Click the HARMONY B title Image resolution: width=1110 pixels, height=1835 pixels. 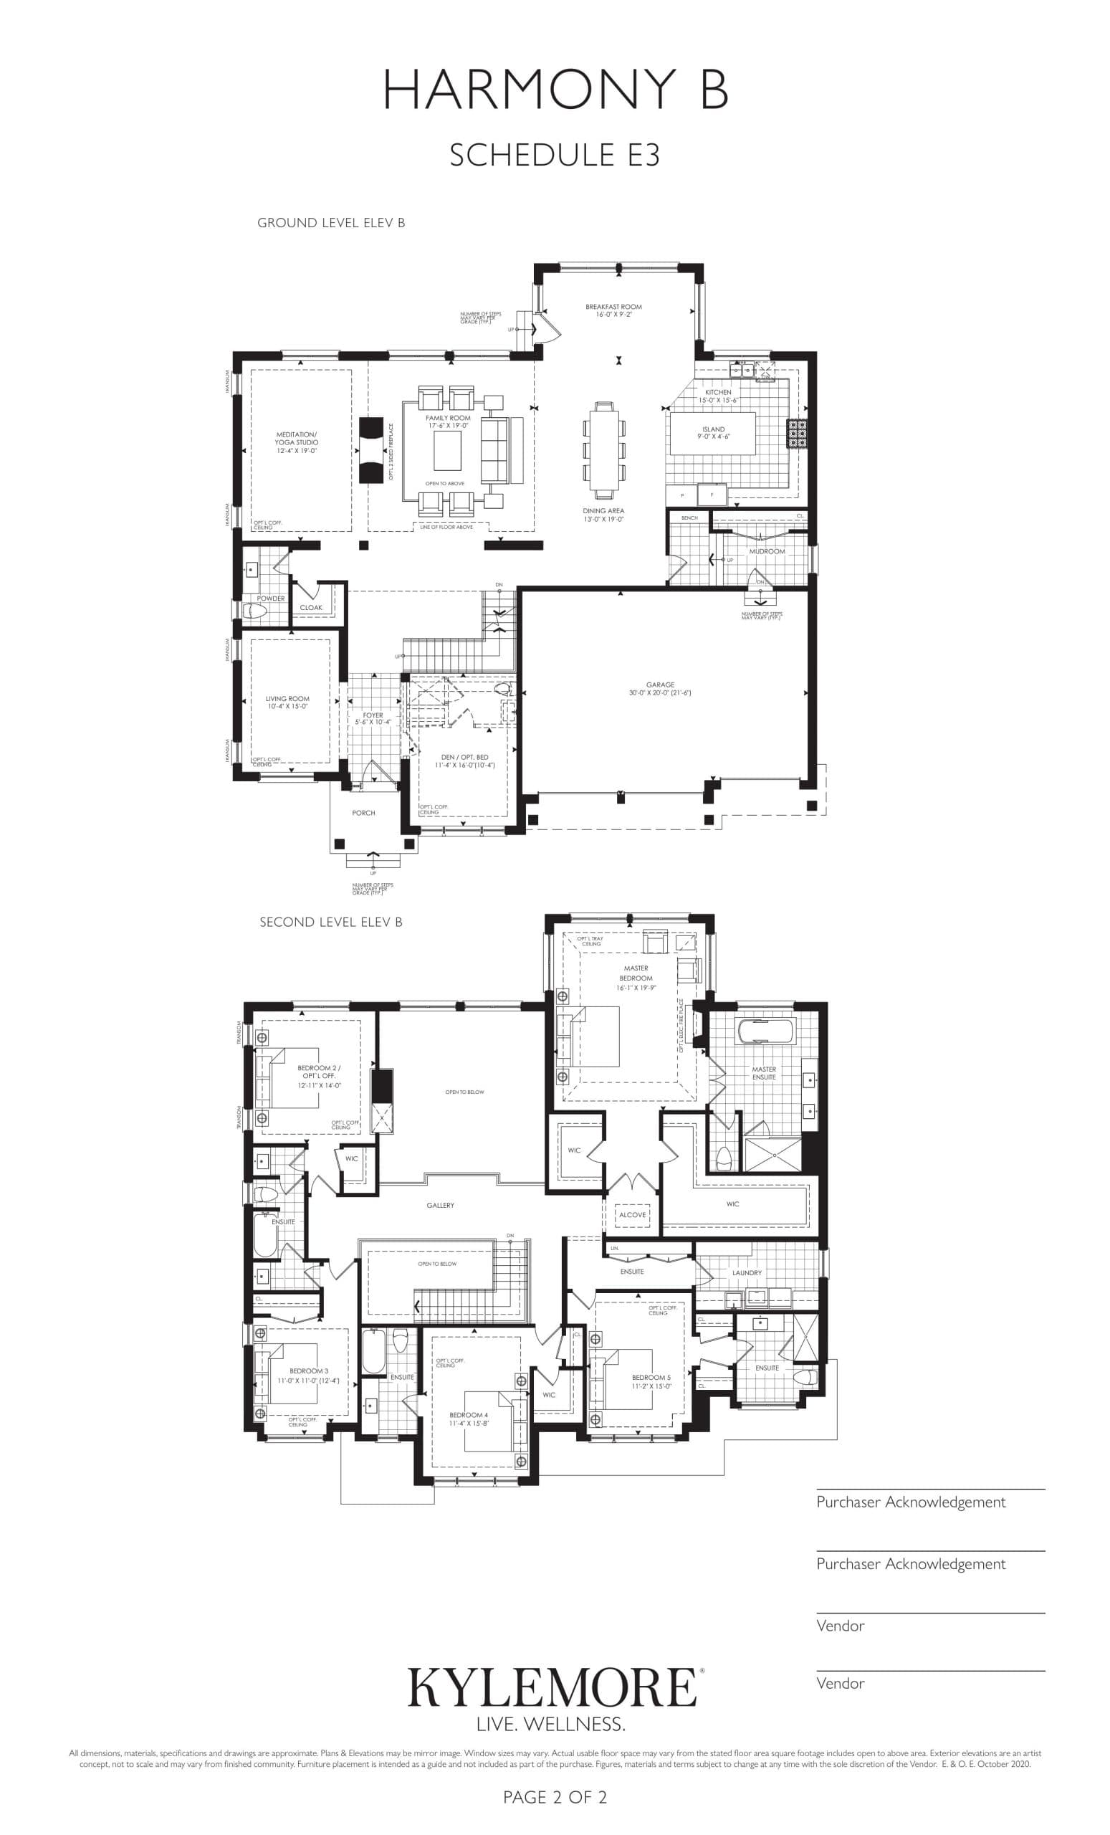tap(555, 90)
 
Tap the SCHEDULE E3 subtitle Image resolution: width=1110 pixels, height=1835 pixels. tap(555, 155)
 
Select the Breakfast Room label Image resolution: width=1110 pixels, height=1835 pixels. tap(613, 310)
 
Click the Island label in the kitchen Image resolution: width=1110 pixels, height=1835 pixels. tap(712, 433)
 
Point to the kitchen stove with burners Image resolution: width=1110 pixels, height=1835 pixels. tap(797, 434)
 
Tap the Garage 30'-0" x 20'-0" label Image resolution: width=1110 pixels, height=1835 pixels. tap(659, 688)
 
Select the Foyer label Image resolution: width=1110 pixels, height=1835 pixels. tap(372, 718)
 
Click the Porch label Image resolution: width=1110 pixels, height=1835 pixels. tap(363, 813)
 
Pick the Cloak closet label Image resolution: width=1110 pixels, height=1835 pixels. tap(310, 607)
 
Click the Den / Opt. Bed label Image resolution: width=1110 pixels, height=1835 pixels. tap(464, 761)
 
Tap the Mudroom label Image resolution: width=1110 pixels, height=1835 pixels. tap(766, 551)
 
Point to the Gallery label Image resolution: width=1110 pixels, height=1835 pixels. tap(440, 1205)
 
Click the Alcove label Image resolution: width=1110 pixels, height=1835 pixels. tap(632, 1215)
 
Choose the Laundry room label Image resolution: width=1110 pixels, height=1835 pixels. tap(746, 1273)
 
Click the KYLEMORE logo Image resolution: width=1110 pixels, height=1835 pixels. tap(552, 1687)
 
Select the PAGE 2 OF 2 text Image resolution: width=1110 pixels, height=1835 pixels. tap(555, 1797)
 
